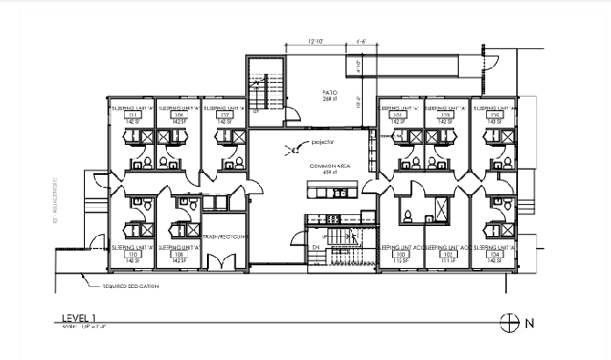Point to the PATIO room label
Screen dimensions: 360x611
(x=330, y=94)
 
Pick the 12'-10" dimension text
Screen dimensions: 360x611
(x=316, y=42)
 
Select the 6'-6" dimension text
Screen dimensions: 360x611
(x=360, y=42)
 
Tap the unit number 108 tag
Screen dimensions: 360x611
(x=179, y=253)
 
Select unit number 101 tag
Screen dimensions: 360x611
(x=399, y=115)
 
